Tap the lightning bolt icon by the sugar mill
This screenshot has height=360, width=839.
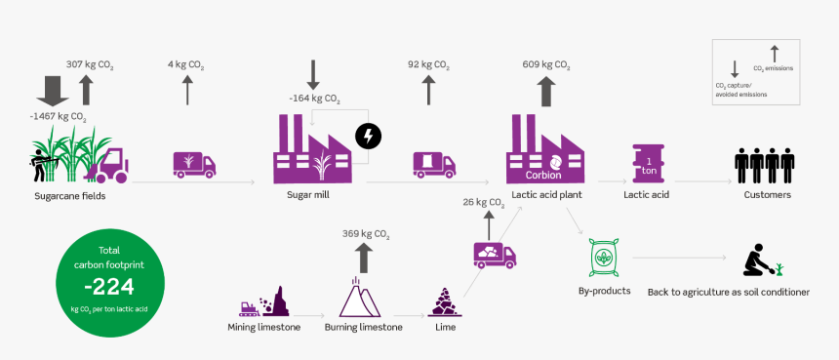tap(368, 136)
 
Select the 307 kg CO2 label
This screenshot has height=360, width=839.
tap(90, 64)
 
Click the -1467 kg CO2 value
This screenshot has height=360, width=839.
tap(58, 116)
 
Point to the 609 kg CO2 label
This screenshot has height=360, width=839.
tap(546, 64)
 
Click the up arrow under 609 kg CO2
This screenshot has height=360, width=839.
tap(546, 92)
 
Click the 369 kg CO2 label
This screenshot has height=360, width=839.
tap(366, 233)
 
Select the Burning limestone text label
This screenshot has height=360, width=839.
tap(363, 327)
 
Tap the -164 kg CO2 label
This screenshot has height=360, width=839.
tap(314, 99)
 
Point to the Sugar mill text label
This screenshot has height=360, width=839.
tap(308, 195)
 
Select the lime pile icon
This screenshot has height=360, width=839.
tap(444, 301)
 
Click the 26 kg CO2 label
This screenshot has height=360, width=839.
tap(483, 202)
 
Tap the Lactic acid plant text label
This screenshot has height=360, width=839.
tap(546, 195)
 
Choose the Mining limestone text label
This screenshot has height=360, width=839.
tap(265, 327)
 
